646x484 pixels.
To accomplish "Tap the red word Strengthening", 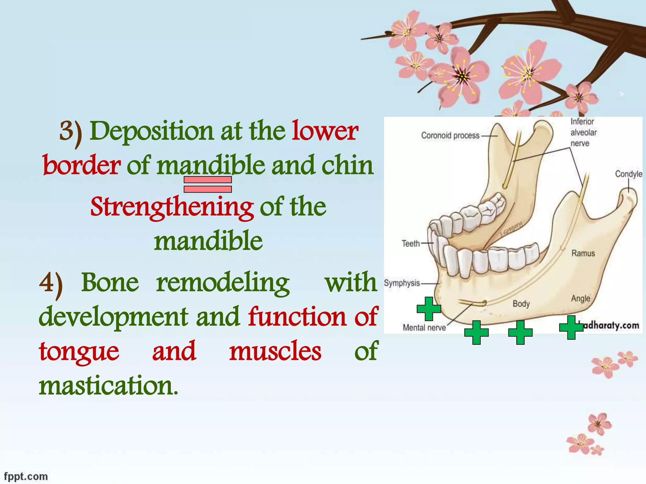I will click(172, 207).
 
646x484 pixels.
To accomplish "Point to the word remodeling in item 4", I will click(223, 283).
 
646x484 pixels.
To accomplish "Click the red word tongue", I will click(79, 352).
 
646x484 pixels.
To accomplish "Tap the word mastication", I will click(109, 386).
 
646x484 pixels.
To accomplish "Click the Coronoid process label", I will click(450, 136).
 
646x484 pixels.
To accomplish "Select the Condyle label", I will click(628, 174).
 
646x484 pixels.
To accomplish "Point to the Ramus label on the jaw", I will click(583, 253).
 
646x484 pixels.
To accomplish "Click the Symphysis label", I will click(402, 283).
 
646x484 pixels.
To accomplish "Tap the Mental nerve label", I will click(424, 328).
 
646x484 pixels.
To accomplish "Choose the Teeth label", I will click(411, 244).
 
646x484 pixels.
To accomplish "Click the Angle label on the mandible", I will click(580, 298).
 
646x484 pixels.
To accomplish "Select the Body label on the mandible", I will click(521, 304).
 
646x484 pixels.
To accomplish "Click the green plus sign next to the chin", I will click(429, 309).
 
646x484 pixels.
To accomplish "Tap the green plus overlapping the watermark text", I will click(571, 327).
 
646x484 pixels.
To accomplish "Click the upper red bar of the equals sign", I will click(208, 180).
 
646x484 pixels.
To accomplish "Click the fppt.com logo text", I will click(26, 476).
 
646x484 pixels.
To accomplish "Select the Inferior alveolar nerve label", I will click(583, 132).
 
